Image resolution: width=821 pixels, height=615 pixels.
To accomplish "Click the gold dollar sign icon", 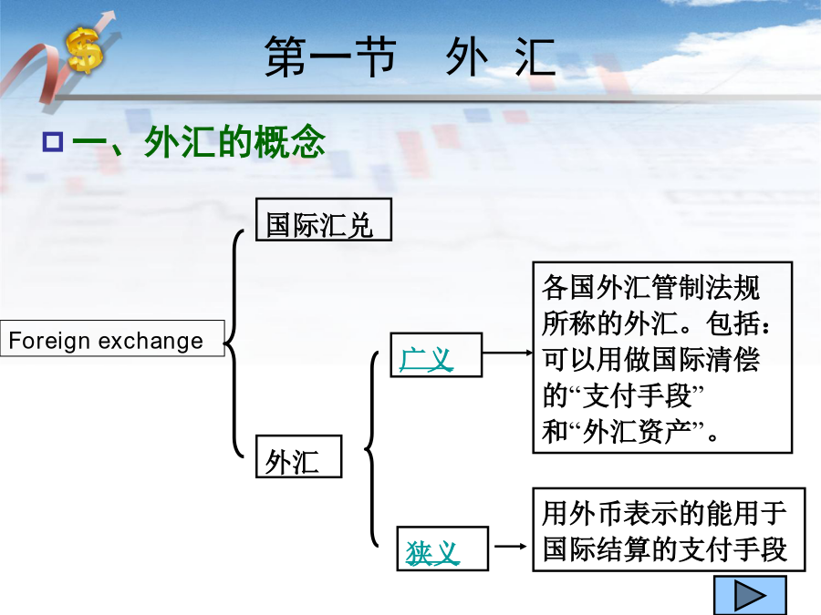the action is pos(84,50).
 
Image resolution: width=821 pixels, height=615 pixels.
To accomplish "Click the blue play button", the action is pos(750,595).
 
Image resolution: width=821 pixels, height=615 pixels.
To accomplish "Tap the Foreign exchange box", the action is pos(112,338).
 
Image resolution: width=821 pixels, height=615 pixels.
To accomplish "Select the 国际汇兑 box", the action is pos(324,220).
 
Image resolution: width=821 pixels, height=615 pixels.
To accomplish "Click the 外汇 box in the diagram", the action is pos(298,456).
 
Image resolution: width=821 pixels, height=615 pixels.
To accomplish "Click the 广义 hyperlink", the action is pos(426,360).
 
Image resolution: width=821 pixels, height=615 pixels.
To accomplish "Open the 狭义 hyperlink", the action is pos(432,553).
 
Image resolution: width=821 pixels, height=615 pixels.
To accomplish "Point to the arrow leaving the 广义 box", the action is pos(507,353).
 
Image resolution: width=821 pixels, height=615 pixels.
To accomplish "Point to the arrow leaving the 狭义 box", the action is pos(511,547).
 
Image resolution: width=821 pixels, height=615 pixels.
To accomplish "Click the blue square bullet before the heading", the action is pos(53,142).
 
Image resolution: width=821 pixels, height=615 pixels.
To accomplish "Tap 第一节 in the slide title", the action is pos(330,56).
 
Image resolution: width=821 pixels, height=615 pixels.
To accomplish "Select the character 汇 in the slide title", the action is pos(535,56).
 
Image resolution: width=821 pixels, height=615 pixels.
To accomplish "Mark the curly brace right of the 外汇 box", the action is pos(372,448).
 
